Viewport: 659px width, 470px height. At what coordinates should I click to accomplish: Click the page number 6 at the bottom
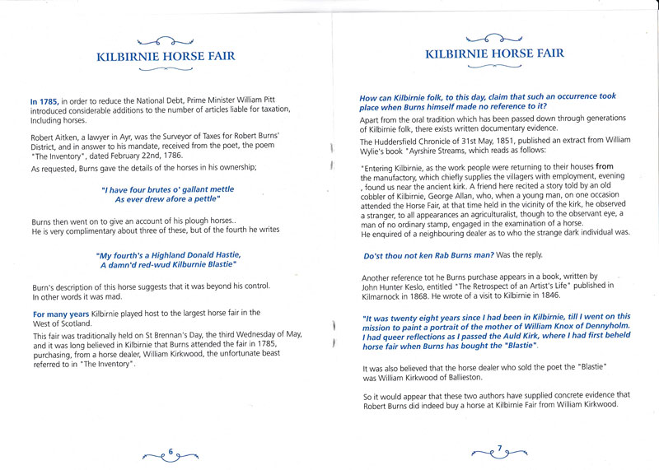[x=170, y=450]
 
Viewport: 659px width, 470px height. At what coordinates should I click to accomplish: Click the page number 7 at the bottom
[x=498, y=449]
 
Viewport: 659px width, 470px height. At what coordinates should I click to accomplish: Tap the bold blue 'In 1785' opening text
[x=44, y=101]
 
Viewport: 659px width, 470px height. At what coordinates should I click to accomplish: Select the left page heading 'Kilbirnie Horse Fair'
[x=166, y=57]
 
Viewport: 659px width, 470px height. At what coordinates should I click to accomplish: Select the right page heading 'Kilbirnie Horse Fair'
[x=494, y=54]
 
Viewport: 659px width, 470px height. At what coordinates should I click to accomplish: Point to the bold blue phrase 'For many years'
[x=61, y=314]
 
